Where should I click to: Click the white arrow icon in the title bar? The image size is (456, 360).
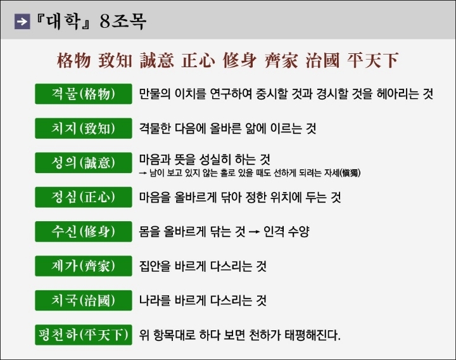pyautogui.click(x=22, y=22)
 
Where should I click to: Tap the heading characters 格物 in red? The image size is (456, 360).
pyautogui.click(x=73, y=61)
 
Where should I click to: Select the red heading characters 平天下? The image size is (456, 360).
pyautogui.click(x=372, y=61)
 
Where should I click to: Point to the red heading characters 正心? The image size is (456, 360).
pyautogui.click(x=198, y=61)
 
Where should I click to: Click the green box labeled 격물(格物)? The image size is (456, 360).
pyautogui.click(x=84, y=94)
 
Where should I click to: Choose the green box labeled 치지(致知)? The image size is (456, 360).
pyautogui.click(x=84, y=128)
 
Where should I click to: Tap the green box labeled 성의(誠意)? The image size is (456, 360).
pyautogui.click(x=84, y=162)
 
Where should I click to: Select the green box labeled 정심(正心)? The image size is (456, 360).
pyautogui.click(x=84, y=197)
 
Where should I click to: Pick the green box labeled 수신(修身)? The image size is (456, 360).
pyautogui.click(x=84, y=231)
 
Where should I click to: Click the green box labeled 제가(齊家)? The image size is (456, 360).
pyautogui.click(x=84, y=266)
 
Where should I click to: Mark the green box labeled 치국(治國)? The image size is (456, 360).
pyautogui.click(x=84, y=300)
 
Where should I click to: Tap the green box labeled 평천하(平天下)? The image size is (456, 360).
pyautogui.click(x=84, y=335)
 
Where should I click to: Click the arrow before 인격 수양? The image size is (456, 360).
pyautogui.click(x=254, y=232)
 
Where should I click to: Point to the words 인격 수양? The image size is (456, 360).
pyautogui.click(x=286, y=232)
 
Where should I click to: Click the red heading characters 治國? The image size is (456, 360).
pyautogui.click(x=322, y=61)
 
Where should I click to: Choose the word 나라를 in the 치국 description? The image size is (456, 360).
pyautogui.click(x=155, y=300)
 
